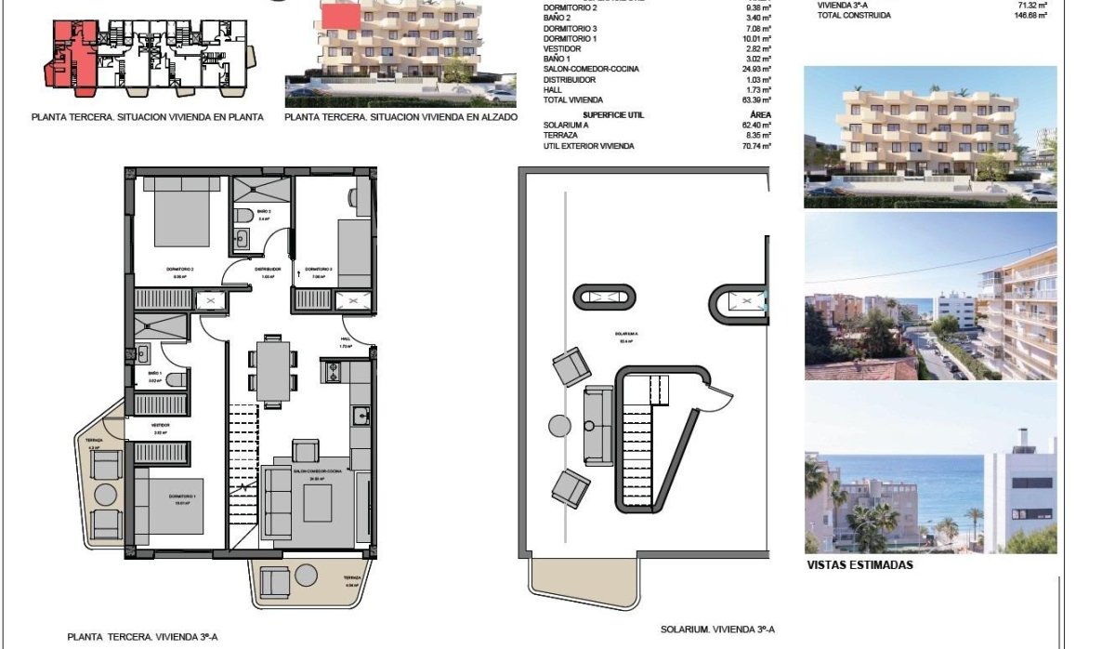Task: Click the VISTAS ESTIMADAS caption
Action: [860, 564]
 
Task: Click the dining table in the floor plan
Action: [272, 367]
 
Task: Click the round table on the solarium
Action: [559, 426]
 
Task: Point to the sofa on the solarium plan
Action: [597, 425]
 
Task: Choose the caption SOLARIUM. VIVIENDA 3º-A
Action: [717, 629]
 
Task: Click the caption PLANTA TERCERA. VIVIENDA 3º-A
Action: [142, 637]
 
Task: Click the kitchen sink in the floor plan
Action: [361, 416]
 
